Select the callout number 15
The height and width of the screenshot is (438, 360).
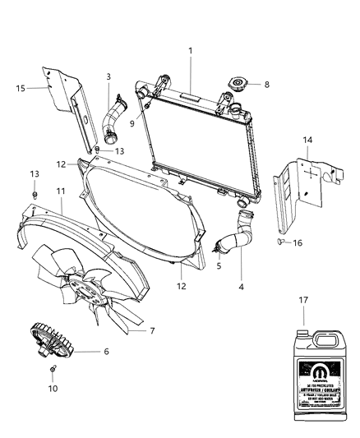coord(21,86)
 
